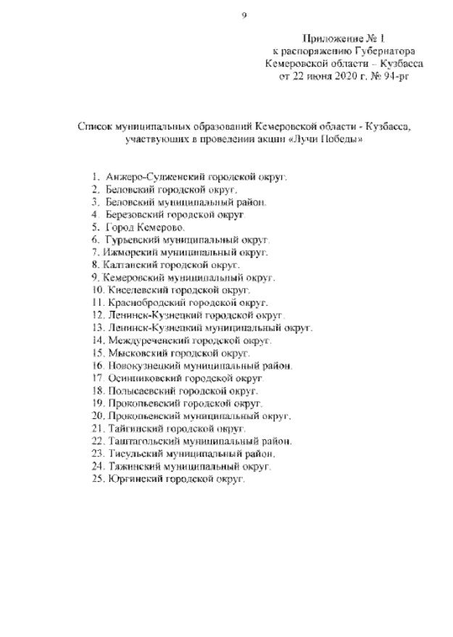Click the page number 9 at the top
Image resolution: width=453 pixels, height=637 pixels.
244,14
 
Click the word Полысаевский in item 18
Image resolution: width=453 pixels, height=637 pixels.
141,390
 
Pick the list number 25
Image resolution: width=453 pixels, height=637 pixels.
98,478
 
